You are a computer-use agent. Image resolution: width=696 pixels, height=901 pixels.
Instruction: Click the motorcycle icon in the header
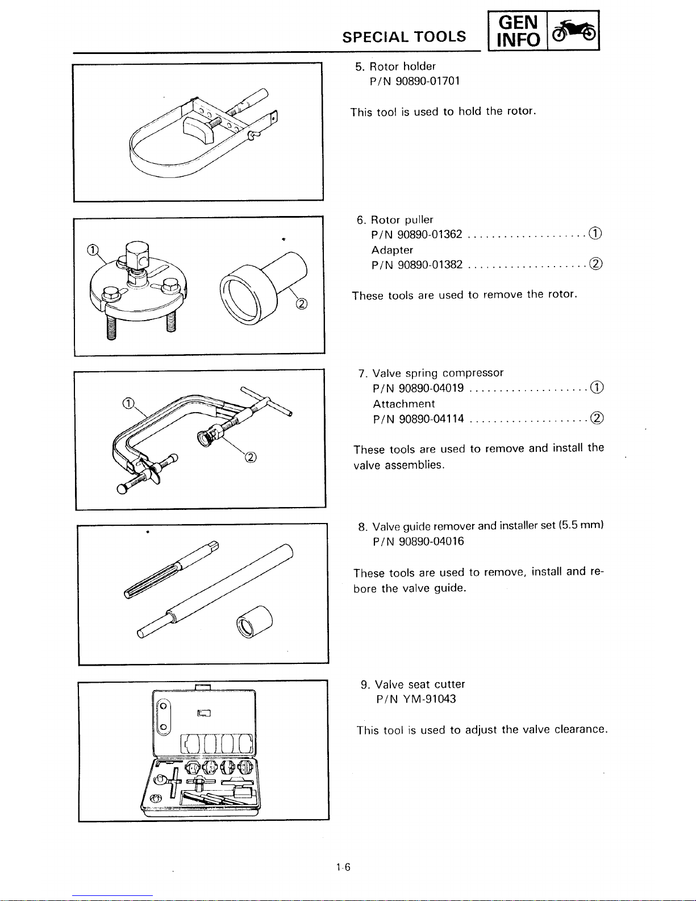(x=574, y=31)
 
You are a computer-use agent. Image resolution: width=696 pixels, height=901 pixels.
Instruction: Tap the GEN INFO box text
(x=518, y=31)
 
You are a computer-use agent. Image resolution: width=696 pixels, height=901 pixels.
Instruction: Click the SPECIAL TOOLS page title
(x=404, y=37)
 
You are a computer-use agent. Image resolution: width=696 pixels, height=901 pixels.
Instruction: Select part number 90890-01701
(x=428, y=81)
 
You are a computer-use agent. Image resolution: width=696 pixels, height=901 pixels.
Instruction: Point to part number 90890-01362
(x=430, y=234)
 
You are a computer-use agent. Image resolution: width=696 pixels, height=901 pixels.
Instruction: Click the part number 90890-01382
(x=430, y=264)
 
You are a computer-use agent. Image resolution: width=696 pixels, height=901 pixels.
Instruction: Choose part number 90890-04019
(x=431, y=388)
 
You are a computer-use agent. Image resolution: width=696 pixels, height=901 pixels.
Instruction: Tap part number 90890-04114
(x=432, y=419)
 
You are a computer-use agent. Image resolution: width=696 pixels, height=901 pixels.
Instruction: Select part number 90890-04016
(x=432, y=542)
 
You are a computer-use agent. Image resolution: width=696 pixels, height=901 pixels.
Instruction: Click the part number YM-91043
(x=430, y=699)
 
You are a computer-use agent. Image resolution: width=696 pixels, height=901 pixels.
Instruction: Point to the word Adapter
(x=393, y=250)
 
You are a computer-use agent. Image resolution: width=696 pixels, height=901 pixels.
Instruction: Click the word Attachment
(x=404, y=404)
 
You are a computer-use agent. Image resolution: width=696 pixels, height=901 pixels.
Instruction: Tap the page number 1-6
(x=343, y=867)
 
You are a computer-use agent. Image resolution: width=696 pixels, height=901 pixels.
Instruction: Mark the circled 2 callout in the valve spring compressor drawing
(x=251, y=458)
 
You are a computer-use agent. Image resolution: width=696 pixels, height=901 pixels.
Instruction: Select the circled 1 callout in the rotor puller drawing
(x=93, y=250)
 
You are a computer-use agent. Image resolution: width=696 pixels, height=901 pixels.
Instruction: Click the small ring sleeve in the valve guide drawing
(x=255, y=621)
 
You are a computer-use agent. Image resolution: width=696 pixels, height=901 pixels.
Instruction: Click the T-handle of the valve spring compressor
(x=267, y=401)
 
